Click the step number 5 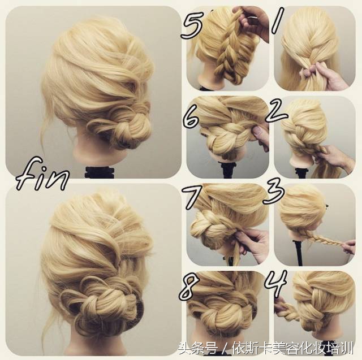191,25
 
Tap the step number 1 277,20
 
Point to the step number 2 276,111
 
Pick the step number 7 192,197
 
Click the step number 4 276,283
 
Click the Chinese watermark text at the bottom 266,348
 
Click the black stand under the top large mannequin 99,172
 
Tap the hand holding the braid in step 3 349,246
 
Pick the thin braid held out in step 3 322,237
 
